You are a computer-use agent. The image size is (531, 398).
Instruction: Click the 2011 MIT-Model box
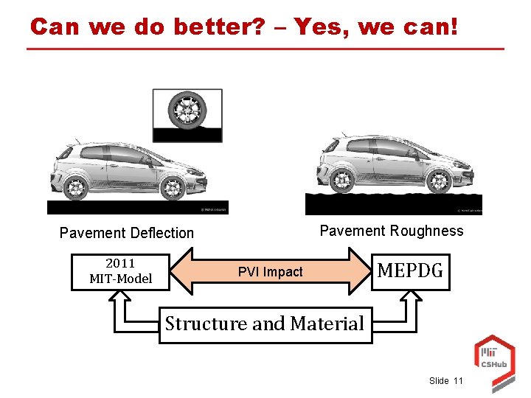point(120,271)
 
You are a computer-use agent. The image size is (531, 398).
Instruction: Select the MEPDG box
point(410,271)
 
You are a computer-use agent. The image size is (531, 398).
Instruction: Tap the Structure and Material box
point(265,324)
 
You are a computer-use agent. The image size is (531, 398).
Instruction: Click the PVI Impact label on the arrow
point(270,272)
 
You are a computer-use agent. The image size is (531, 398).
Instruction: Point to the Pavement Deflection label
point(127,233)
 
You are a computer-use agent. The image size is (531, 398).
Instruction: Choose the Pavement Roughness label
point(392,231)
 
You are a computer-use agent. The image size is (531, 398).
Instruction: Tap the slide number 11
point(459,380)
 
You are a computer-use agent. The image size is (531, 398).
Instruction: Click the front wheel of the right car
point(439,180)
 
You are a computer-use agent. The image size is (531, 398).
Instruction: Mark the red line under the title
point(265,49)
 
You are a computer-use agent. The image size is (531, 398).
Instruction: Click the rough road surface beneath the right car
point(393,204)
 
